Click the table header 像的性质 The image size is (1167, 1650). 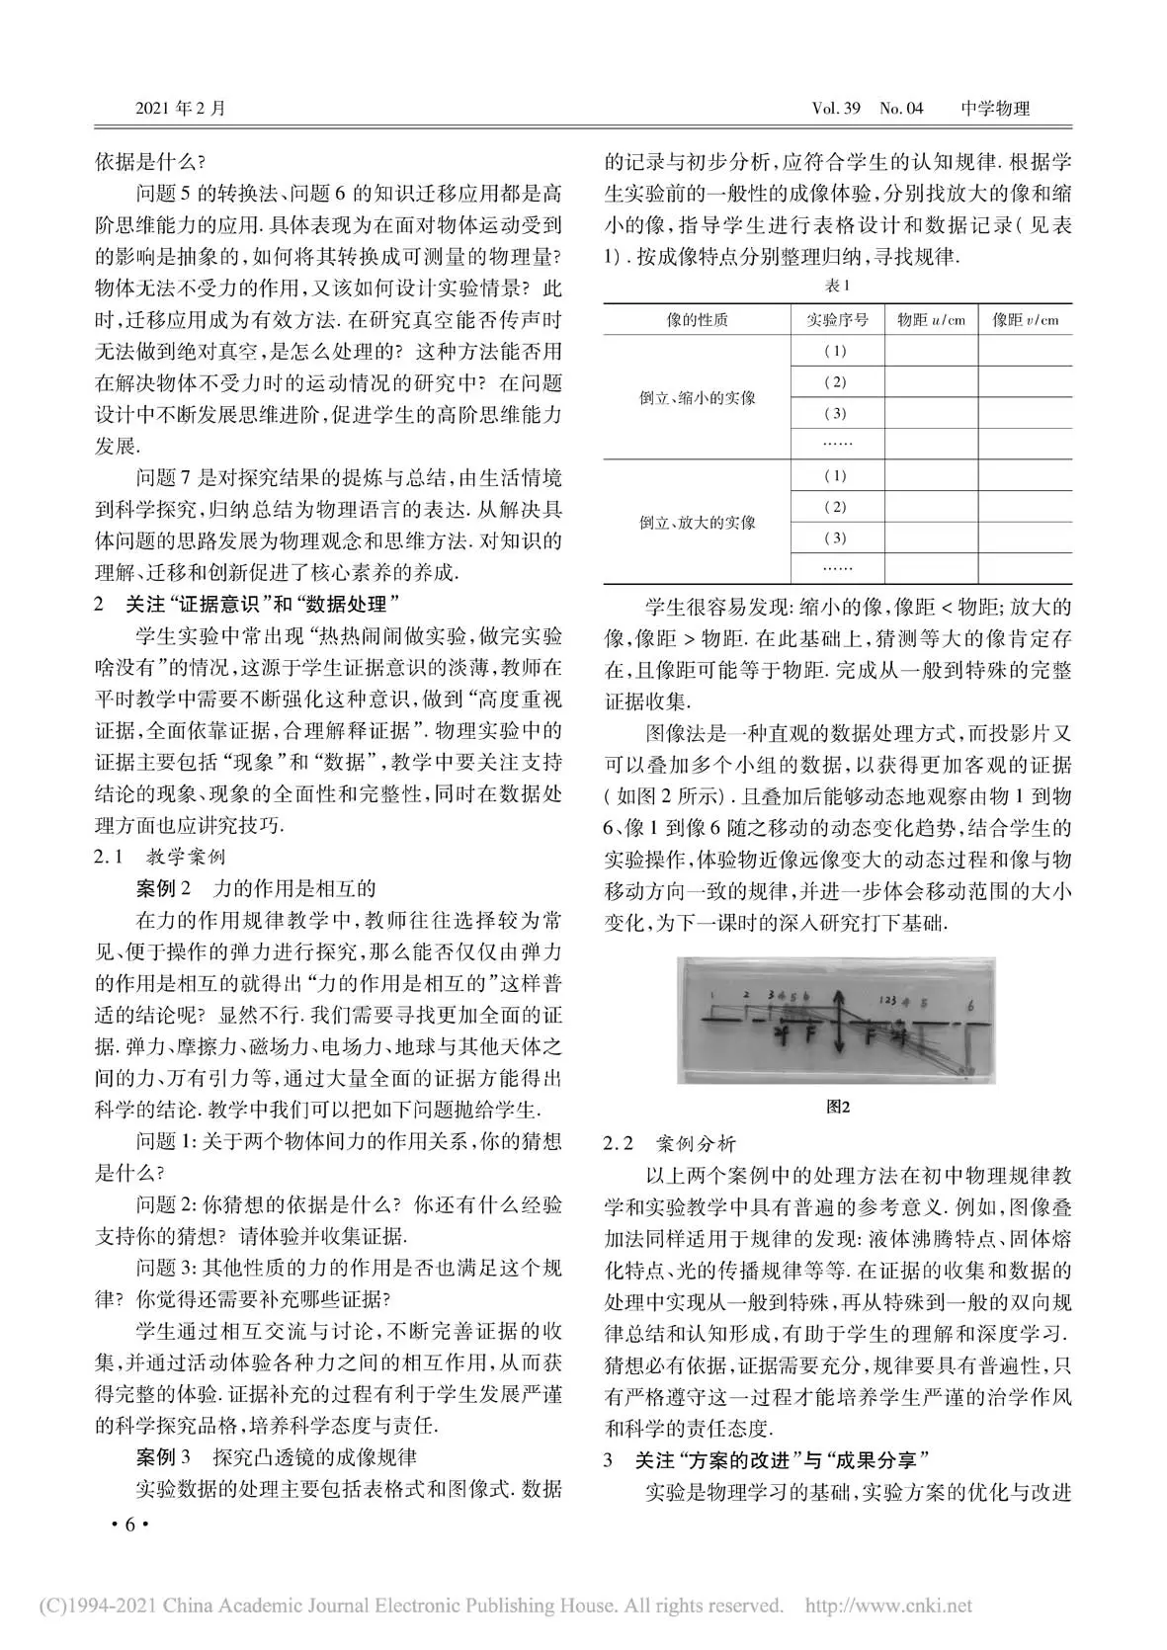[697, 320]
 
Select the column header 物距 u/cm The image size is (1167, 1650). [931, 320]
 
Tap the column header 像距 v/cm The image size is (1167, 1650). [1025, 320]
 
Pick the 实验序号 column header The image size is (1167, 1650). [837, 320]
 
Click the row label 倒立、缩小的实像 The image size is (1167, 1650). [697, 397]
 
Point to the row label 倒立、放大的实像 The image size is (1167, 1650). [697, 522]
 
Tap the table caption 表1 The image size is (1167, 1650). [837, 286]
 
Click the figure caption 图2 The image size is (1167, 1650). [837, 1107]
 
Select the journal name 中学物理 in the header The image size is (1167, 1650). [995, 108]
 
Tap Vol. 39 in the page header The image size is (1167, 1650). [835, 108]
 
